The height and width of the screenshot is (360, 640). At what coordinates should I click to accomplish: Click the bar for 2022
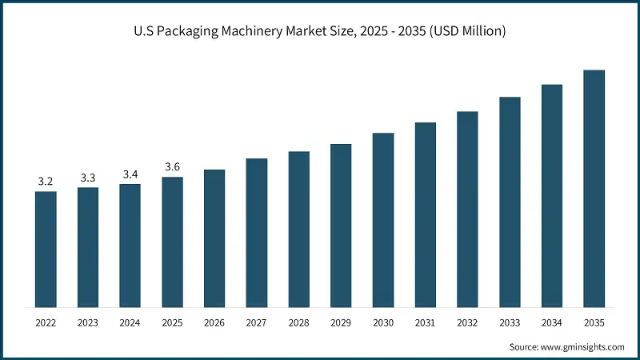tap(46, 250)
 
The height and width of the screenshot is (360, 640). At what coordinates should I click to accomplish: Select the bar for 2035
tap(594, 189)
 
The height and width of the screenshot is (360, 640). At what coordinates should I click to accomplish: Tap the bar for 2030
tap(383, 220)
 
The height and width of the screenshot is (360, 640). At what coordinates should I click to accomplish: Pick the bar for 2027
tap(257, 233)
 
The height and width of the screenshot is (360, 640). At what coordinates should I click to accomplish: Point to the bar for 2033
tap(510, 202)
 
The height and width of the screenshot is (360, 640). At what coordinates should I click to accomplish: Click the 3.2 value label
tap(46, 182)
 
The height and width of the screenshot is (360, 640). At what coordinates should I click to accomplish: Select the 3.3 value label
tap(88, 178)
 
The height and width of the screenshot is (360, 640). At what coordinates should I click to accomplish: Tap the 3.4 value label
tap(130, 174)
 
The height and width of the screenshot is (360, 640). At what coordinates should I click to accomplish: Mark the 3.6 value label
tap(172, 166)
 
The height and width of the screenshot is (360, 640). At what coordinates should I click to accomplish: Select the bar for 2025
tap(172, 242)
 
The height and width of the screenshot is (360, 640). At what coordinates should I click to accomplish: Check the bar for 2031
tap(426, 215)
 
